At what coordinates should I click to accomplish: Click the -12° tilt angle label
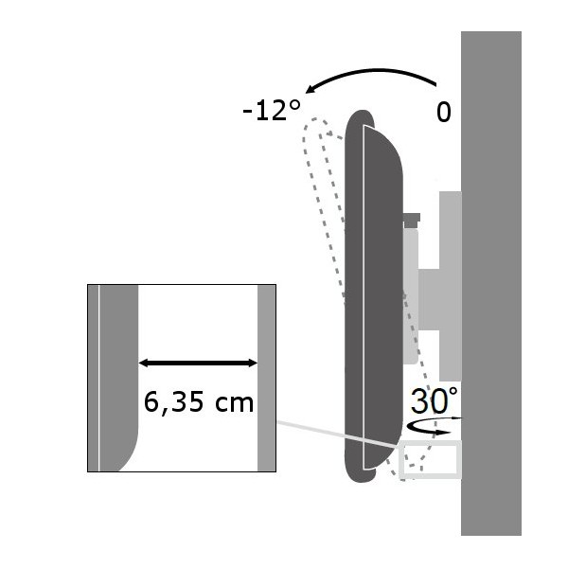coord(272,111)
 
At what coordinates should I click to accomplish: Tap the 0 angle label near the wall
coord(443,113)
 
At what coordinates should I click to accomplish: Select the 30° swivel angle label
coord(435,400)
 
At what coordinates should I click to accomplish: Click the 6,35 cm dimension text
coord(199,403)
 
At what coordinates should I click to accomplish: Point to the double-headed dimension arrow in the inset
coord(198,363)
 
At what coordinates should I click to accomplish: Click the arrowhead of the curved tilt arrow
coord(311,89)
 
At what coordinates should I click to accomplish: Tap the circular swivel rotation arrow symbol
coord(434,426)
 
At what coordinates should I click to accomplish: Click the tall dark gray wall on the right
coord(490,283)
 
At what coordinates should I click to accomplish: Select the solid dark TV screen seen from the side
coord(373,296)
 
